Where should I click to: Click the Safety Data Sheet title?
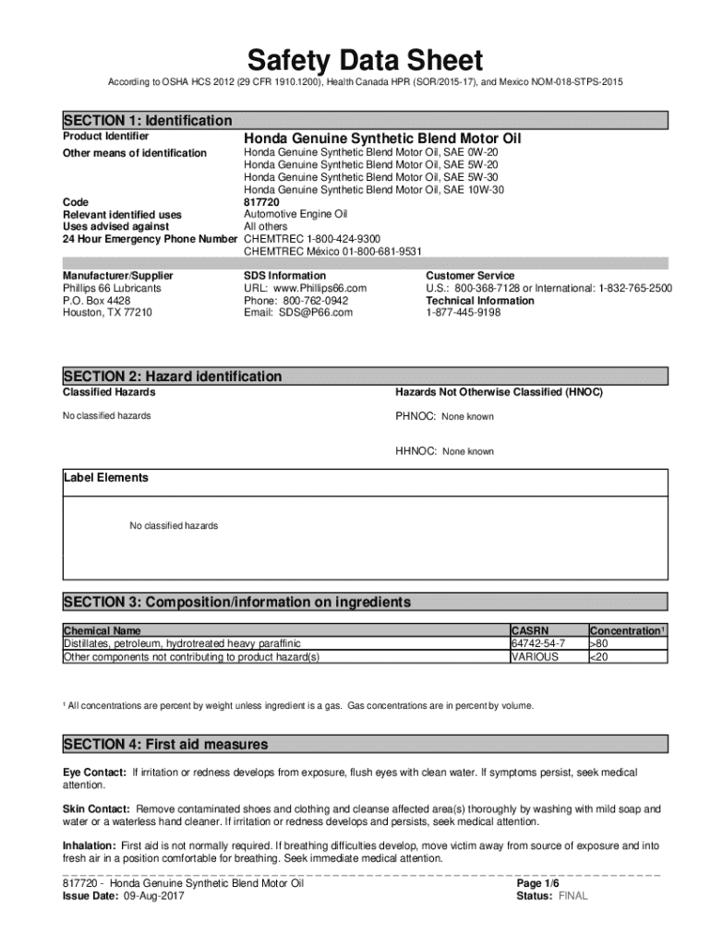(x=364, y=61)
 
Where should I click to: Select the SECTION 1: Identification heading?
(x=148, y=121)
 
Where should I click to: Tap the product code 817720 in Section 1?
(x=261, y=201)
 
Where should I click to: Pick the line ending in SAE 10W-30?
(x=374, y=189)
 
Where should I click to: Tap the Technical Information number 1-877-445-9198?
(x=464, y=313)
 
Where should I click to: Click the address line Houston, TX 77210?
(x=107, y=313)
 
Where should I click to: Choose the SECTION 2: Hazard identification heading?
(x=173, y=377)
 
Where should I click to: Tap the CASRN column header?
(x=531, y=631)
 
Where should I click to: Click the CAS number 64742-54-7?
(x=538, y=643)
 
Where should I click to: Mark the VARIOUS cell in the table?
(x=535, y=657)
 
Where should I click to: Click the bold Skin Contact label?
(x=96, y=808)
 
